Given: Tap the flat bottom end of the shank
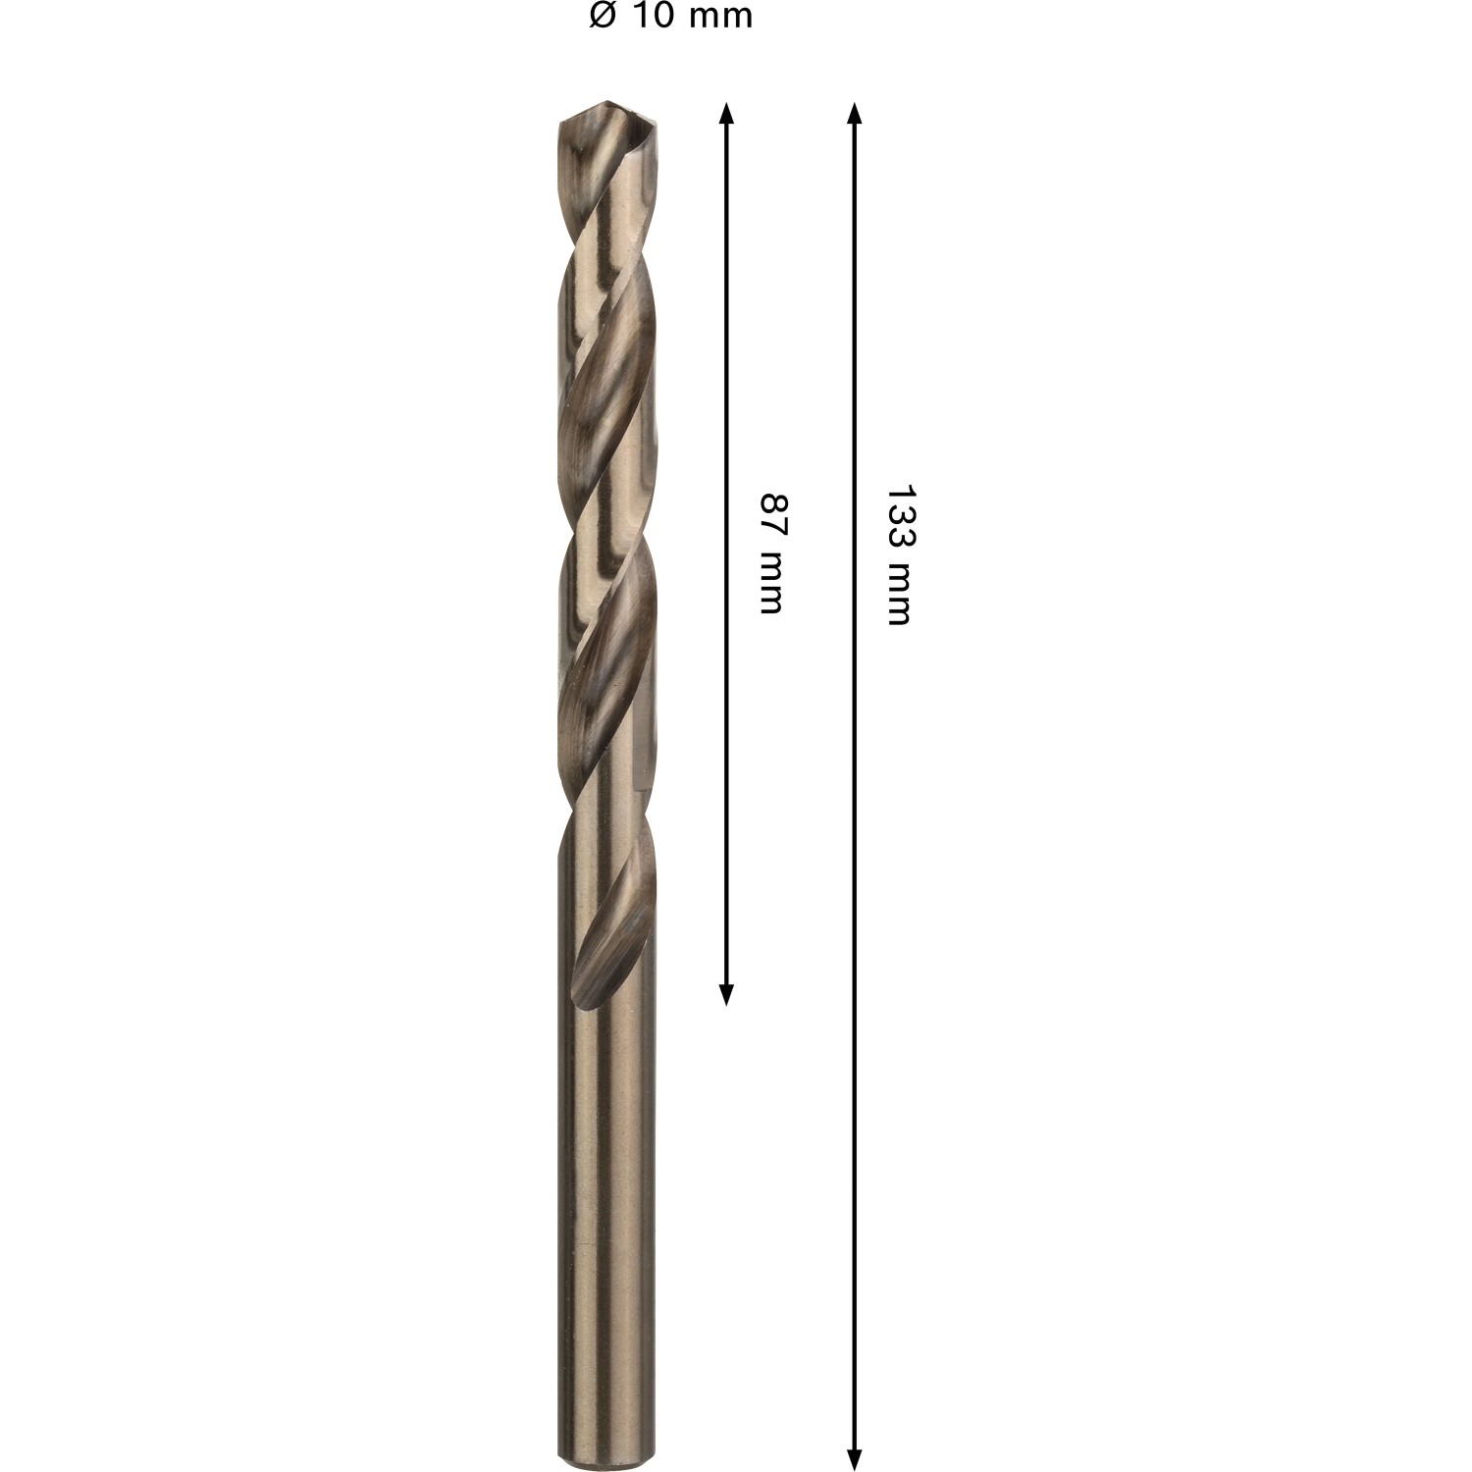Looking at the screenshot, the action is [x=605, y=1466].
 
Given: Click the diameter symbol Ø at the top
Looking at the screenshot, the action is [x=602, y=16].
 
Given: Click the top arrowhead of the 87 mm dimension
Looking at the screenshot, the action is [x=726, y=112].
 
